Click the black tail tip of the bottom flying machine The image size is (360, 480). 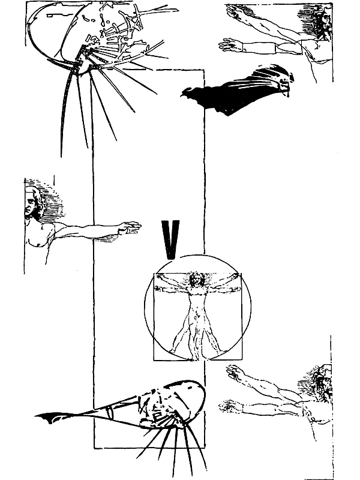tap(46, 418)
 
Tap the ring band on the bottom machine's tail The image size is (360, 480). tap(110, 412)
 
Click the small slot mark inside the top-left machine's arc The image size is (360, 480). tap(53, 14)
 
